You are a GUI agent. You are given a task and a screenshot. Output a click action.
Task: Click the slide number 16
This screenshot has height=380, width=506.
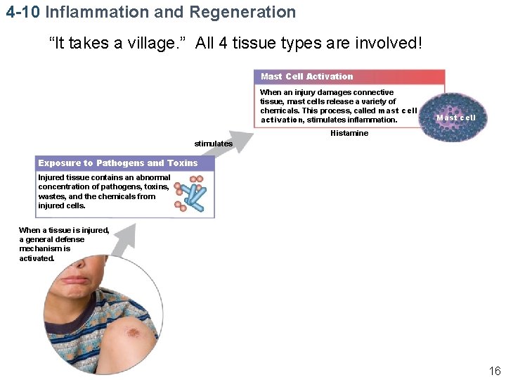[x=495, y=371]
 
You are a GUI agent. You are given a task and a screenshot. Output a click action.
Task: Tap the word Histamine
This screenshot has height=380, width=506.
[x=349, y=134]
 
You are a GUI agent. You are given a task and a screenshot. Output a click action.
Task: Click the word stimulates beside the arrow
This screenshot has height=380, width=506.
[x=213, y=144]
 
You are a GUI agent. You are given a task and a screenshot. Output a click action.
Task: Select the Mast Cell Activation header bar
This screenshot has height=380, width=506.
[x=349, y=77]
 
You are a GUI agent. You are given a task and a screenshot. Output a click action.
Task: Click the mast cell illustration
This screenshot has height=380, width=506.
[x=457, y=115]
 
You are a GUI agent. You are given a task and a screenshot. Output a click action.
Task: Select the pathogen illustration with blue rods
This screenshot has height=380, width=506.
[x=190, y=194]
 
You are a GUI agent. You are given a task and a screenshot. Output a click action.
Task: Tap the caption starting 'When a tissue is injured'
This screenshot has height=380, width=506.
[x=64, y=243]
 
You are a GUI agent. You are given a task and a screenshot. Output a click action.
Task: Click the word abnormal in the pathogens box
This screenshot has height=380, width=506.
[x=153, y=177]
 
